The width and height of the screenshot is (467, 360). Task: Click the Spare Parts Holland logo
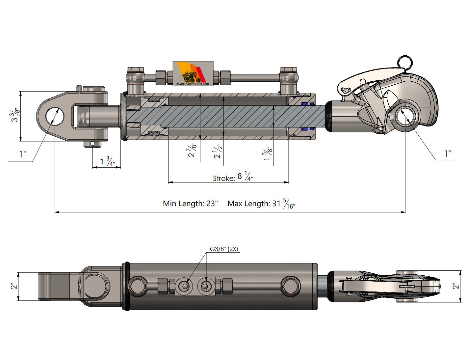193,74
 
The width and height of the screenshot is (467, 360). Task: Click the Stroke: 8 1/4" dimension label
233,177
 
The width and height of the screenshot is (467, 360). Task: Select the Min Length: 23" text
190,204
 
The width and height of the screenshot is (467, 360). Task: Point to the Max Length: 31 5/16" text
261,204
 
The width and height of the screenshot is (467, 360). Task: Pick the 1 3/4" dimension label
107,162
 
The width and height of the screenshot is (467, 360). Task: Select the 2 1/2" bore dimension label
218,152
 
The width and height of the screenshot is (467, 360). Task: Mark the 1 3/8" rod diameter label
268,154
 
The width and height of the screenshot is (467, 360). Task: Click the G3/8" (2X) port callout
223,249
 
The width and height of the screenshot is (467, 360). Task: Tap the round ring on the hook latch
404,62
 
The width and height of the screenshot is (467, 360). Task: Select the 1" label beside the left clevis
23,154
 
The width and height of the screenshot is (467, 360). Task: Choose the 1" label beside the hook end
448,154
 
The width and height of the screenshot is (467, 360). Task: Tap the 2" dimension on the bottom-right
456,286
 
